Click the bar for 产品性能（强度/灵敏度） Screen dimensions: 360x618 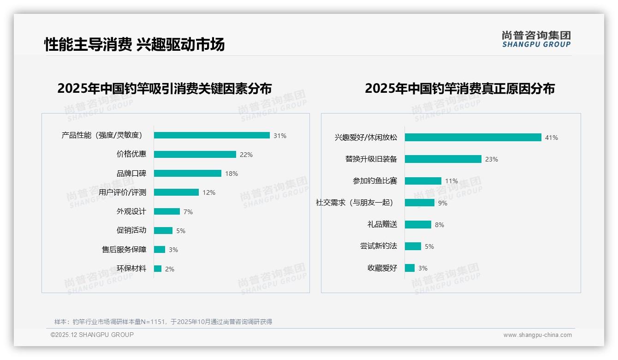[x=212, y=135]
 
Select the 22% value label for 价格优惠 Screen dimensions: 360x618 [x=246, y=155]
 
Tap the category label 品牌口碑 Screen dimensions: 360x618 [x=131, y=174]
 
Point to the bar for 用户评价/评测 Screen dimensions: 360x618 [x=176, y=192]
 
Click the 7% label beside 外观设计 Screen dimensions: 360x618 [x=188, y=212]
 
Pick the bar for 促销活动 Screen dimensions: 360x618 [x=163, y=230]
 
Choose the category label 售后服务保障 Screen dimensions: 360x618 [x=124, y=250]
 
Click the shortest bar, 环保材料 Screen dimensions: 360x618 [x=158, y=269]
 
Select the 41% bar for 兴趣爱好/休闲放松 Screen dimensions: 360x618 [x=473, y=138]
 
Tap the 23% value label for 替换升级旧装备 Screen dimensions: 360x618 [x=491, y=159]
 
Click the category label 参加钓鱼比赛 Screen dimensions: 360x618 [x=374, y=181]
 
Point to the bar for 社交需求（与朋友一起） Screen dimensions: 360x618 [x=420, y=203]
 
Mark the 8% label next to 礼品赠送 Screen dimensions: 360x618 [x=439, y=225]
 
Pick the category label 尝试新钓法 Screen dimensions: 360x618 [x=378, y=246]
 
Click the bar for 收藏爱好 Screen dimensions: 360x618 [x=410, y=268]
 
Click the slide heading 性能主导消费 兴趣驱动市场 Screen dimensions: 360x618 [x=134, y=44]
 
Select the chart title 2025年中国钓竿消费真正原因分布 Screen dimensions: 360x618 [x=459, y=88]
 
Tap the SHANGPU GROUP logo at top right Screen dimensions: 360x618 [x=536, y=39]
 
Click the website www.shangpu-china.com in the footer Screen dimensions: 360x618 [x=537, y=335]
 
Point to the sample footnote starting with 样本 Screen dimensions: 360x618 [x=163, y=322]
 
